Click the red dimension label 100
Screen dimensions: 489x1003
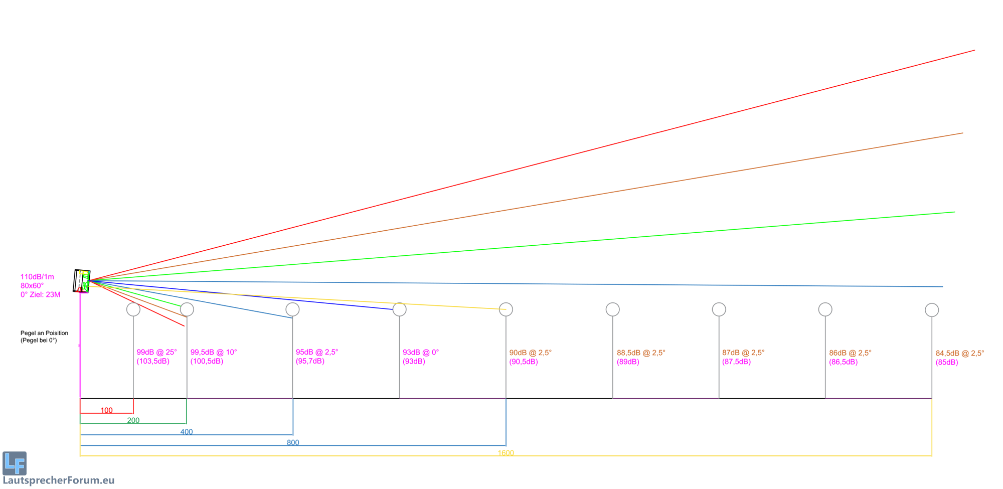[x=106, y=410]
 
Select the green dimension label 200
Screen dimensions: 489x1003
[x=133, y=420]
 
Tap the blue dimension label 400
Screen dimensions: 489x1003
[x=187, y=432]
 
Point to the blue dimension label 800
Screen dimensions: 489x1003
[x=293, y=442]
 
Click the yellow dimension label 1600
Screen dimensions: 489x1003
[x=506, y=453]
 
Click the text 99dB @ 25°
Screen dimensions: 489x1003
[x=156, y=352]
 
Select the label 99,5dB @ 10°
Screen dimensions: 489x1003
[x=214, y=352]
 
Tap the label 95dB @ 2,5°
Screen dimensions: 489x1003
[x=317, y=352]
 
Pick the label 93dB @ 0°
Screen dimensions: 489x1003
[x=421, y=352]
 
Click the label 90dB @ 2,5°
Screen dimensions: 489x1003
[x=531, y=353]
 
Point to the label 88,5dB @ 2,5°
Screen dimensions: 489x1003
[x=641, y=353]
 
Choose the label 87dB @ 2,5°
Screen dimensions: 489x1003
[x=743, y=353]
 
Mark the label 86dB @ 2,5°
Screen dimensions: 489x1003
[x=850, y=353]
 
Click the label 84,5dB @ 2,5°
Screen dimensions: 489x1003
[x=960, y=353]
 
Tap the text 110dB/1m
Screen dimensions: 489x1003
[x=37, y=277]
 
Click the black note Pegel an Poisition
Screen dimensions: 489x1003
[x=44, y=333]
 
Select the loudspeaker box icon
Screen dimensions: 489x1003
[x=82, y=281]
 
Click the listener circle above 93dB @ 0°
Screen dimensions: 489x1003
[x=399, y=309]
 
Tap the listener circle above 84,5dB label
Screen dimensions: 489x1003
[x=932, y=310]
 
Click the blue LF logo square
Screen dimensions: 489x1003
[x=15, y=463]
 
